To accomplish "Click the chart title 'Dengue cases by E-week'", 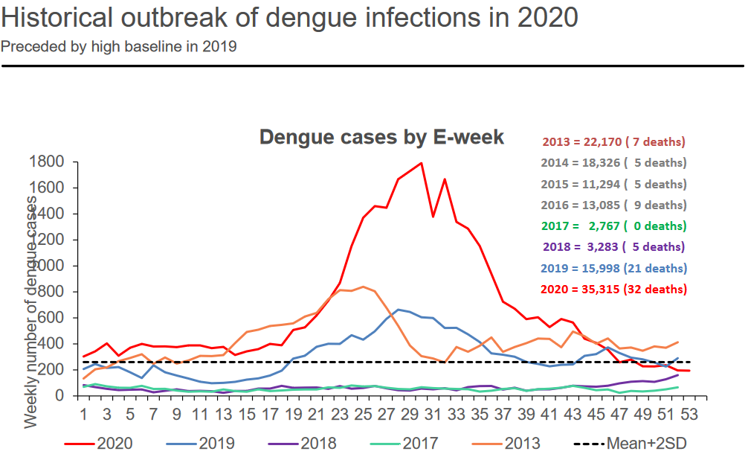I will tap(381, 138).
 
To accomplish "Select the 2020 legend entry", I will tap(100, 444).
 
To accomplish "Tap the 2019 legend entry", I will tap(201, 444).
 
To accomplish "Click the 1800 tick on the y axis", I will tap(47, 162).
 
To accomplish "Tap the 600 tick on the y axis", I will tap(51, 318).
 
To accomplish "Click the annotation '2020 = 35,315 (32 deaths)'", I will tap(614, 289).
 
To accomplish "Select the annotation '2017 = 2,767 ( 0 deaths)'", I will tap(614, 226).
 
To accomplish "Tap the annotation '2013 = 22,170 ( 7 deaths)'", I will tap(614, 141).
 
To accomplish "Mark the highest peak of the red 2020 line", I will tap(421, 163).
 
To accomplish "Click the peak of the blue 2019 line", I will tap(398, 310).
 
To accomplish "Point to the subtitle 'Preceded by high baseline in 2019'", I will tap(119, 47).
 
